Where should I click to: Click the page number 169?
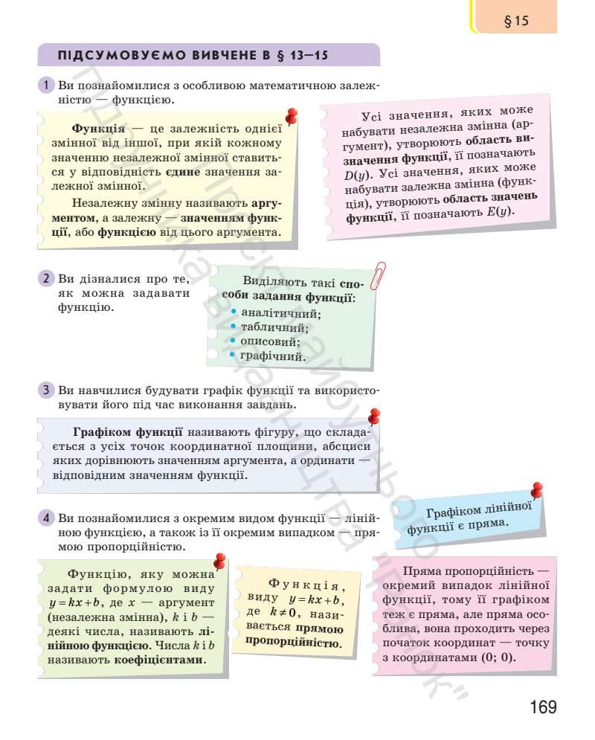tap(543, 707)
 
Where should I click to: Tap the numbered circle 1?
tap(45, 86)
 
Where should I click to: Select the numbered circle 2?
tap(45, 279)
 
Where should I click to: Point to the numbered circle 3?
tap(45, 390)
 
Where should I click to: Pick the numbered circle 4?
tap(45, 518)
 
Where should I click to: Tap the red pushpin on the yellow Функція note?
tap(292, 117)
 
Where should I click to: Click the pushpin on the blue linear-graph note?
tap(536, 489)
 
